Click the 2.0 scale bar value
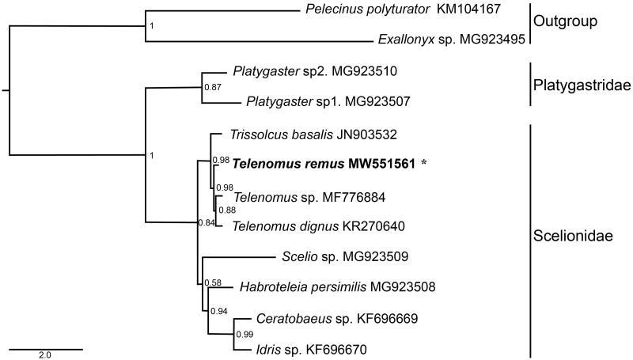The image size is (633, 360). coord(44,356)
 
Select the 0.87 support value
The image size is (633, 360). coord(212,86)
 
